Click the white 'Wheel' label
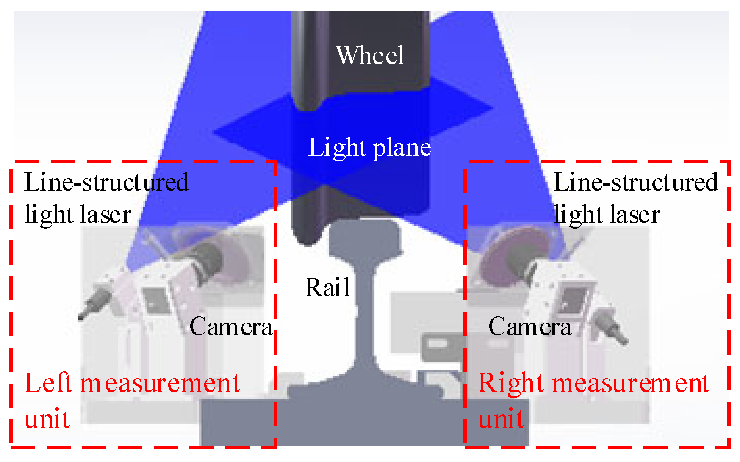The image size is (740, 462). (x=370, y=55)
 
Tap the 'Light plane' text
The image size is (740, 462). (x=369, y=147)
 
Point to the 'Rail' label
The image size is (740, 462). (x=327, y=287)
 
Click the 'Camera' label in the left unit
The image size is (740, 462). (x=231, y=326)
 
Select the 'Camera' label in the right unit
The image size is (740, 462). (x=529, y=326)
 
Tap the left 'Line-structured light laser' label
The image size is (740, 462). (x=106, y=198)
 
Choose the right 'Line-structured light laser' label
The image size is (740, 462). (x=635, y=198)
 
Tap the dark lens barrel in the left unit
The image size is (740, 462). (x=207, y=262)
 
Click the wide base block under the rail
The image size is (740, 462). (x=364, y=421)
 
